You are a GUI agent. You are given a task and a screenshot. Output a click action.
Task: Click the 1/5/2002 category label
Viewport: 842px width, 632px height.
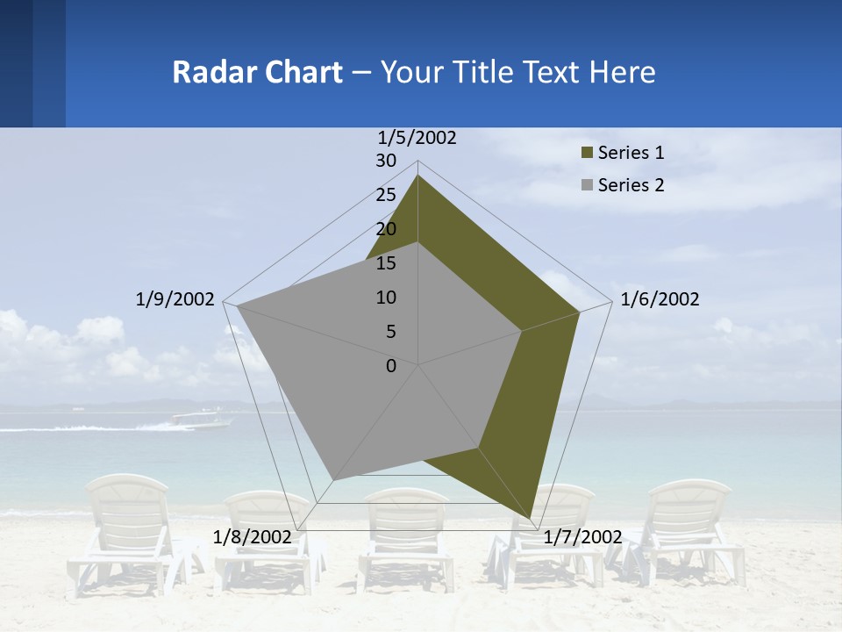417,138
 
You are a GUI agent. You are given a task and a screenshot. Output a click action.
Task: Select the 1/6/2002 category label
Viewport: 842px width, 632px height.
660,299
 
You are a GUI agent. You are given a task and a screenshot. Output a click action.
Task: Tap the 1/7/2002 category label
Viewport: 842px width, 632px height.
582,536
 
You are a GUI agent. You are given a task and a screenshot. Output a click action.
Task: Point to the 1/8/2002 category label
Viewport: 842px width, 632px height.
253,536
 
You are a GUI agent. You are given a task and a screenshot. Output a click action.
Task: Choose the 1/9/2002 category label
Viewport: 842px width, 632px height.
175,299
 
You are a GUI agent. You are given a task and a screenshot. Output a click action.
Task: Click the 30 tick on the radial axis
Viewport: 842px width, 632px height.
386,161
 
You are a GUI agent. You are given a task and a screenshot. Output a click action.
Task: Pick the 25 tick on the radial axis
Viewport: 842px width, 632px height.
386,195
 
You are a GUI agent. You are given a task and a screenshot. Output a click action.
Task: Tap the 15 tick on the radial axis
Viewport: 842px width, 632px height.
386,263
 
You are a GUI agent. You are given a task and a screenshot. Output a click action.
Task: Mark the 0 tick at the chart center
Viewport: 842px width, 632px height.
391,365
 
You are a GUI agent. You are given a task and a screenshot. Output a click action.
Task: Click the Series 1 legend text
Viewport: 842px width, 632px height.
631,153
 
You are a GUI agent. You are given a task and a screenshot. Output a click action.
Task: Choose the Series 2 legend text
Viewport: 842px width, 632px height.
631,185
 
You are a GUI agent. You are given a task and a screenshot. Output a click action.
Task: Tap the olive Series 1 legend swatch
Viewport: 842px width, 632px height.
588,154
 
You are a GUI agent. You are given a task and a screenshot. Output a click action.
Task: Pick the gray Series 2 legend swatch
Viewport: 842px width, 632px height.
588,185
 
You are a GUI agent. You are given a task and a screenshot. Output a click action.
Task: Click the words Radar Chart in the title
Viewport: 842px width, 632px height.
257,72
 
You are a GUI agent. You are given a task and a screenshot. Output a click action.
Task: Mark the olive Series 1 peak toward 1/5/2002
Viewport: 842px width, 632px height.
418,176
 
